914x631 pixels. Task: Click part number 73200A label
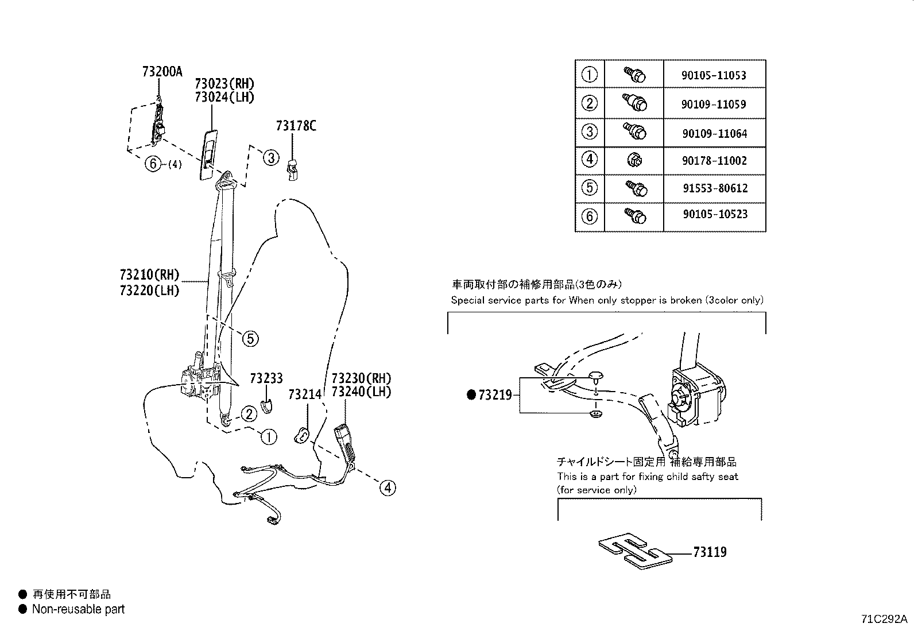click(162, 72)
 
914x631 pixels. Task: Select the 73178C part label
click(296, 126)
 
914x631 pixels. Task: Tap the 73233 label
click(266, 378)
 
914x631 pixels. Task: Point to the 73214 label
click(305, 394)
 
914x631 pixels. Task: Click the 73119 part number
click(710, 552)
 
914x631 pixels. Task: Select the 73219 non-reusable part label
click(494, 395)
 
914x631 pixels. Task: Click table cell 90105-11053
click(714, 75)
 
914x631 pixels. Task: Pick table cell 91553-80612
click(714, 188)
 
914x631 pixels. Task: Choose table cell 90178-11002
click(714, 161)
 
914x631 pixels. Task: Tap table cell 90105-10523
click(714, 214)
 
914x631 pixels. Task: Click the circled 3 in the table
click(590, 131)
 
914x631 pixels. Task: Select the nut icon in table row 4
click(634, 160)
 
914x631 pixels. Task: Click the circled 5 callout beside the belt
click(250, 339)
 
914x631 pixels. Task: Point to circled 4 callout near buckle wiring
click(388, 488)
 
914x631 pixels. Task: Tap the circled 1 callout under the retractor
click(268, 437)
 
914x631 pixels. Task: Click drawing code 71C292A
click(884, 619)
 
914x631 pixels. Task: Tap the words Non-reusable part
click(78, 610)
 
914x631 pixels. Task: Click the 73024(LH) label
click(224, 97)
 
